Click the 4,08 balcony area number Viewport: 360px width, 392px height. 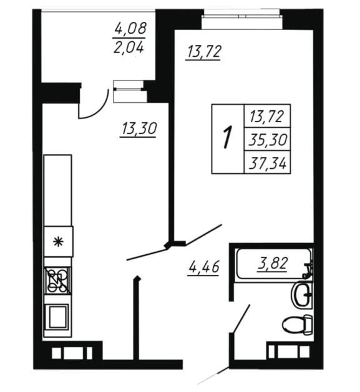[x=130, y=28]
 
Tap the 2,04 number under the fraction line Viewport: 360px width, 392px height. [x=129, y=47]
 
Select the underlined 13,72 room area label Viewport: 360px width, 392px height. [x=203, y=52]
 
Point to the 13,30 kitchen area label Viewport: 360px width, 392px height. [x=139, y=129]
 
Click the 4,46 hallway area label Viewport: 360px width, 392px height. [x=203, y=267]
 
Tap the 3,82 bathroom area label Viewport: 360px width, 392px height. [x=272, y=263]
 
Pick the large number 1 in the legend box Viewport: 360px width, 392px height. [x=227, y=137]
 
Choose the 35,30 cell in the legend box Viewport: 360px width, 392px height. [x=268, y=139]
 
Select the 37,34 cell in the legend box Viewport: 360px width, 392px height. [x=268, y=162]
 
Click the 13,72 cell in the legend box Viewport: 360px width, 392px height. [x=268, y=117]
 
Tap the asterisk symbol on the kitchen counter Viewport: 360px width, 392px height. [x=59, y=242]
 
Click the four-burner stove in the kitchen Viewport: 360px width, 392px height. [x=57, y=280]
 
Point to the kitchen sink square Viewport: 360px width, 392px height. [x=58, y=317]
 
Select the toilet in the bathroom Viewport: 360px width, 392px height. [x=298, y=324]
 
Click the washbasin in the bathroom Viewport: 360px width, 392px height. [x=301, y=294]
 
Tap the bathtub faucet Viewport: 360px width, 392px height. [x=308, y=270]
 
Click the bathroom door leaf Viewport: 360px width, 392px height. [x=241, y=318]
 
